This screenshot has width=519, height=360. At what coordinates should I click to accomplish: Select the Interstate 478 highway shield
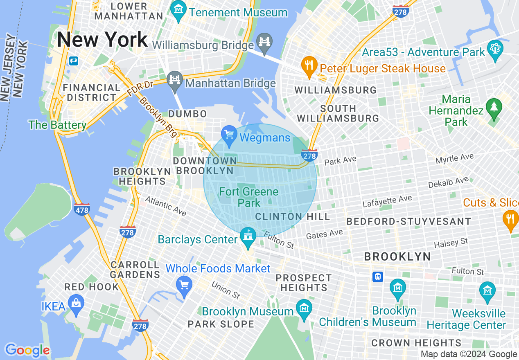tap(82, 209)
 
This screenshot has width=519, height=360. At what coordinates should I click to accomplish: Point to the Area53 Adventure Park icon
tap(495, 50)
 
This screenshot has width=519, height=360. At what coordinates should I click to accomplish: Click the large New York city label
tap(102, 40)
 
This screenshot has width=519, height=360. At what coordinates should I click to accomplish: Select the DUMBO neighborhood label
tap(187, 114)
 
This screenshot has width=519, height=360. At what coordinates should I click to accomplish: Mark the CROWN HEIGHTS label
tap(416, 343)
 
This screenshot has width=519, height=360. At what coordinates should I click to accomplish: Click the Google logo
tap(27, 350)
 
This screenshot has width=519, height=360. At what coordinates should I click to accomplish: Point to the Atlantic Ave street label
tap(166, 206)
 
